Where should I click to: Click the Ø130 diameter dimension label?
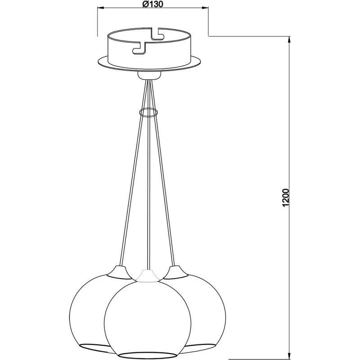click(153, 4)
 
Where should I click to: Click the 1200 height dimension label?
click(285, 198)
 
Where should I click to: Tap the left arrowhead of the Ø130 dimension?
click(101, 8)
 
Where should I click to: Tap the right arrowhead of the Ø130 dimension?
click(205, 8)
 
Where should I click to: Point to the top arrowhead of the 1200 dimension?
click(289, 40)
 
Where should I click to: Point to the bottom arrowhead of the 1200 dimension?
click(289, 356)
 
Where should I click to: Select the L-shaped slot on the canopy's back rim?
click(157, 34)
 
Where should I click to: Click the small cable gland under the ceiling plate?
click(148, 75)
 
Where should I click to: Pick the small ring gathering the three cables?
click(148, 112)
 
